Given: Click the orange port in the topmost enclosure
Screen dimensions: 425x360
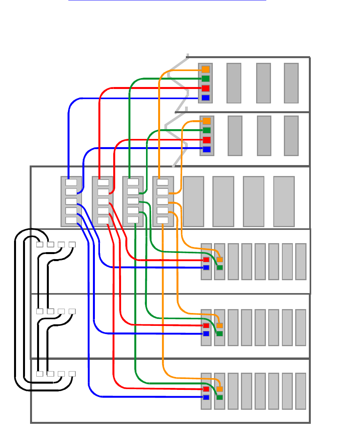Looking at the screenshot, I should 205,69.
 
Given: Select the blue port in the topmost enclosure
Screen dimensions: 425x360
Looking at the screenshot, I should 205,98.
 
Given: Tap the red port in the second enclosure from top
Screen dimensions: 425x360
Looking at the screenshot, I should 207,140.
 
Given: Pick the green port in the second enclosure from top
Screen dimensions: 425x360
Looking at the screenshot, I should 207,130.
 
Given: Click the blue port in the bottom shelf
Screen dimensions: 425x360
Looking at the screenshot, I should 206,397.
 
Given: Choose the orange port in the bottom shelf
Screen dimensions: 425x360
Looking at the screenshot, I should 219,389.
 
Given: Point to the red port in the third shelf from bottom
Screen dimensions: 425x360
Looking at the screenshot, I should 206,260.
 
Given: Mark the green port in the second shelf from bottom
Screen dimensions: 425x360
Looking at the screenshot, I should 219,334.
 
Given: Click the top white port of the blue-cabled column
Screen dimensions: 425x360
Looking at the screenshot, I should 71,182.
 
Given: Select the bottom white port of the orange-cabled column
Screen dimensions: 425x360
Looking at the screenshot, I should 162,220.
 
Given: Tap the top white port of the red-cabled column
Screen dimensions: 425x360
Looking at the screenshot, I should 103,182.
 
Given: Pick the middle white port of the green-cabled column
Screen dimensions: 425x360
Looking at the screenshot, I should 133,201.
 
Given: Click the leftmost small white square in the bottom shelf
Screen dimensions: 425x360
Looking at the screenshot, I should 39,373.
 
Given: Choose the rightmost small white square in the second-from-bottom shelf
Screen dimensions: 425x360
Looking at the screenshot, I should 72,311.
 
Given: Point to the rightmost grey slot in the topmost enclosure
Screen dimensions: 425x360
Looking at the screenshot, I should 291,83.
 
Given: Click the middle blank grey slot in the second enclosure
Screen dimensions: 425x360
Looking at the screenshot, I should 264,135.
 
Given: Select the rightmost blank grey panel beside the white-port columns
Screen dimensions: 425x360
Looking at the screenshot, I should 284,201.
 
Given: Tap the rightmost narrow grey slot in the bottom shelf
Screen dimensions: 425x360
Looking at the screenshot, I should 301,391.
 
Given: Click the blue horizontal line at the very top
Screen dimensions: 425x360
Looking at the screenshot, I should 167,0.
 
